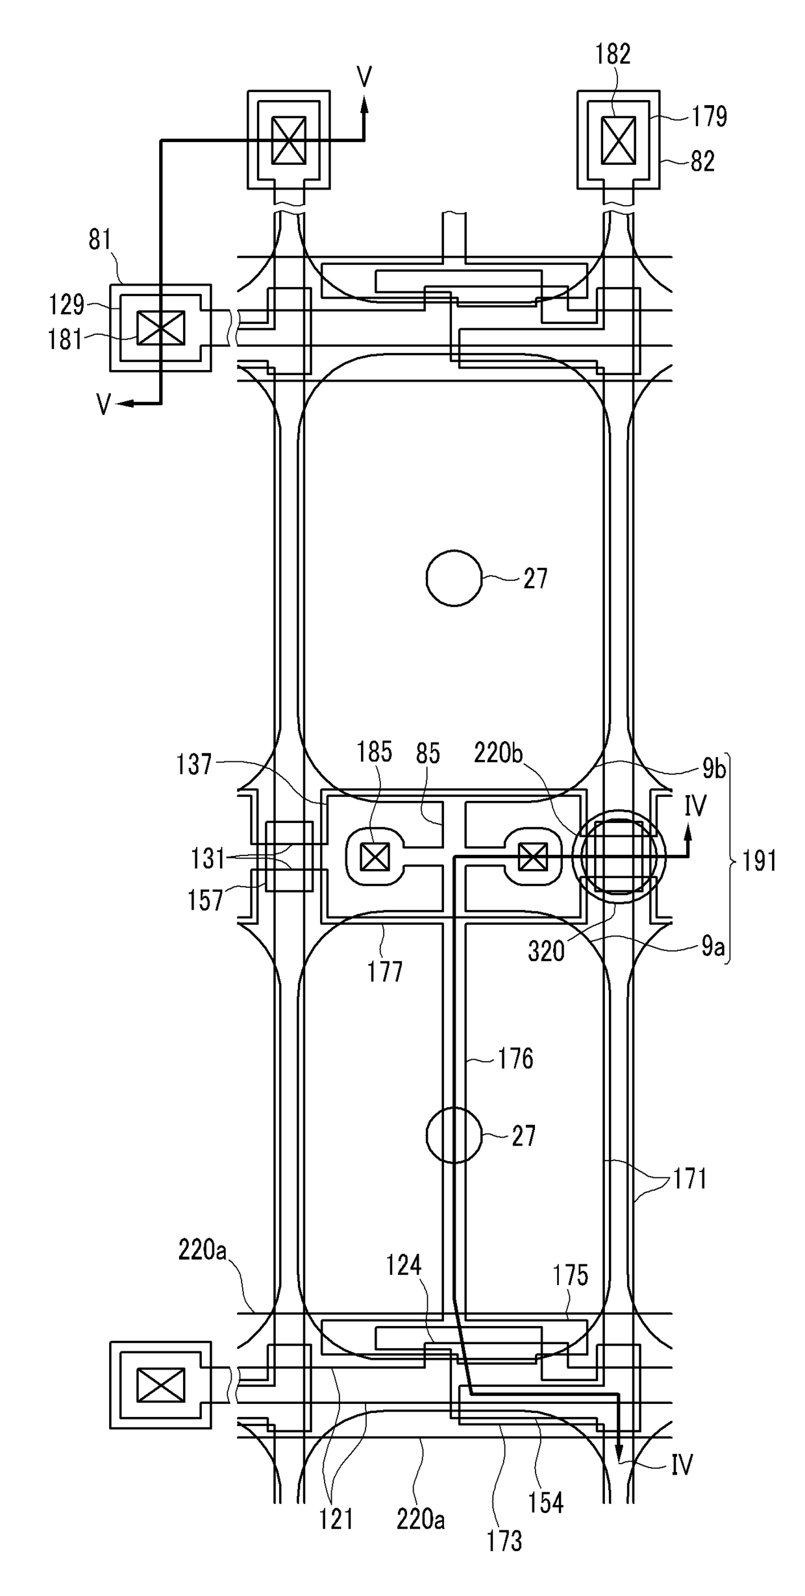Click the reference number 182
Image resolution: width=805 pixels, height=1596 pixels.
point(613,55)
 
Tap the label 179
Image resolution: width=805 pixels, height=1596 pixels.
point(709,117)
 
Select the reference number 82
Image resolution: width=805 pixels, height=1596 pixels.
point(702,161)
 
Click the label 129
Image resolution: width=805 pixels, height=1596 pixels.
point(67,304)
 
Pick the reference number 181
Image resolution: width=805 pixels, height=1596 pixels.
point(66,339)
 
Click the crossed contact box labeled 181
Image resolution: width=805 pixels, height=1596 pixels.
point(160,328)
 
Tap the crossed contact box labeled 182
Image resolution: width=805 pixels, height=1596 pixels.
point(619,140)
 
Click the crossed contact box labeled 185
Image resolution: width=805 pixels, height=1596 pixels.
point(375,858)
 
